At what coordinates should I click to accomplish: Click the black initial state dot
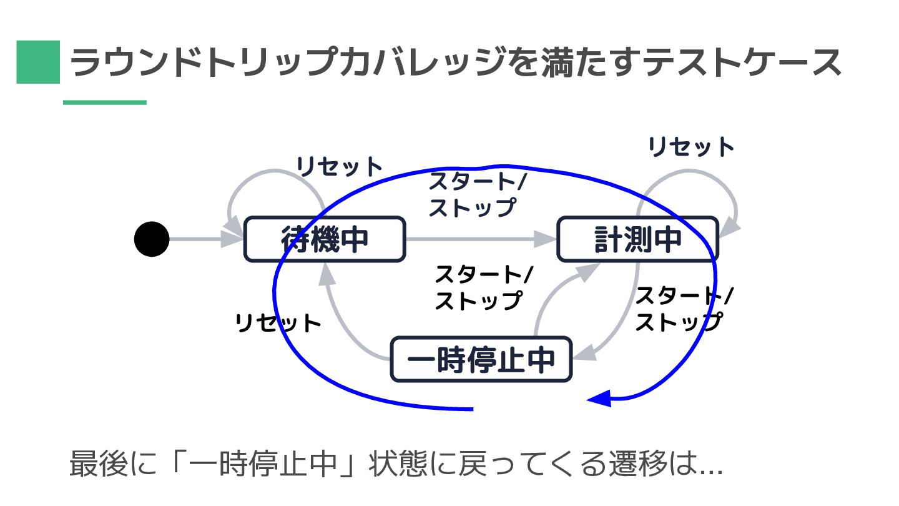152,239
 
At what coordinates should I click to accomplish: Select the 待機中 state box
325,239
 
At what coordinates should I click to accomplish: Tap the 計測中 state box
637,239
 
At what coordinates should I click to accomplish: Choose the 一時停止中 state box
481,359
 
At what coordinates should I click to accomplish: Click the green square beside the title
38,62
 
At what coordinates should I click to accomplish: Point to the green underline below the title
105,102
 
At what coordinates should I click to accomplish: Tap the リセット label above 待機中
339,167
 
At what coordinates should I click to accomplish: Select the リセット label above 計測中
691,147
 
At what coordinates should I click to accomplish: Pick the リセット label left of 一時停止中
278,323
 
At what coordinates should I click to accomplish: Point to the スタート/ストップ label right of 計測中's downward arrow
684,308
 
